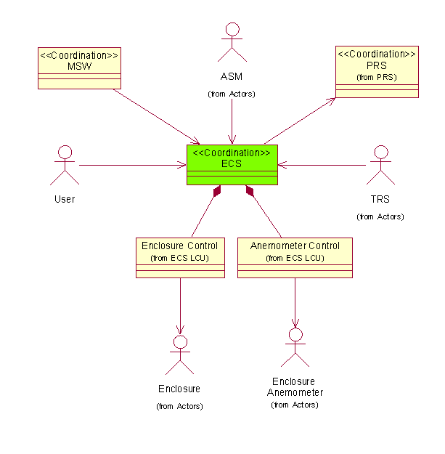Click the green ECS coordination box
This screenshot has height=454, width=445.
pos(232,165)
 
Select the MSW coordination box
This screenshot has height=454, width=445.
pos(78,68)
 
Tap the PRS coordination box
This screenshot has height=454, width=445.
pos(377,72)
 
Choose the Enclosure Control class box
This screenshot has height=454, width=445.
pos(179,257)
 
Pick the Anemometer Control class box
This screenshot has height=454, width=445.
pos(295,257)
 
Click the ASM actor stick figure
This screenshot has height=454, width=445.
pos(232,42)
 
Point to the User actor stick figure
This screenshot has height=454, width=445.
pos(65,166)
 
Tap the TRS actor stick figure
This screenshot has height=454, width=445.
pos(380,166)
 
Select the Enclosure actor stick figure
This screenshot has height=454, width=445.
pos(179,355)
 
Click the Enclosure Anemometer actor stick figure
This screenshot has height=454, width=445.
pos(295,347)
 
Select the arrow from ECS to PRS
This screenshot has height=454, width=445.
pos(299,120)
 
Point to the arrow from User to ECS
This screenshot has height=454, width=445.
pos(131,166)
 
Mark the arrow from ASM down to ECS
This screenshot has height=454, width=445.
pos(232,120)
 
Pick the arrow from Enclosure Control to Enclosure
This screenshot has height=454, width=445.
pos(179,305)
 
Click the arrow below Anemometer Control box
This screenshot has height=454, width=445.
pos(295,301)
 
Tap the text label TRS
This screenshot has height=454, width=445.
pos(380,199)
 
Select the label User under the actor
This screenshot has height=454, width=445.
pos(65,199)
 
